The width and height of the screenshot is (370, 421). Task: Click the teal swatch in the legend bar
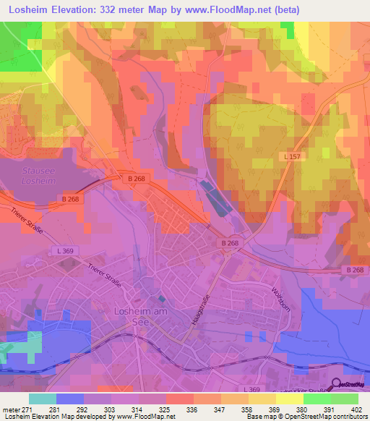(43, 398)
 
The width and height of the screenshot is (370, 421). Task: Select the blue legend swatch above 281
(70, 398)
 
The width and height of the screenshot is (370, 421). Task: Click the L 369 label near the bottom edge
(252, 390)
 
